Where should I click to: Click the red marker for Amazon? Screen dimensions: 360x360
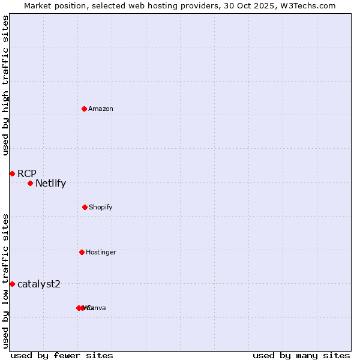pyautogui.click(x=85, y=109)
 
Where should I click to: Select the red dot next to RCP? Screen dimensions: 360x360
pyautogui.click(x=12, y=173)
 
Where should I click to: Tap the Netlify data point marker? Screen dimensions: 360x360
pyautogui.click(x=30, y=183)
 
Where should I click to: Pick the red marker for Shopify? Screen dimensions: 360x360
pyautogui.click(x=85, y=207)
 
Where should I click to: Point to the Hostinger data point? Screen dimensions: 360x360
pyautogui.click(x=82, y=252)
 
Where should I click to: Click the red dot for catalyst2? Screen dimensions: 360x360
pyautogui.click(x=12, y=284)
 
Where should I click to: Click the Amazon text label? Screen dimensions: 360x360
pyautogui.click(x=101, y=109)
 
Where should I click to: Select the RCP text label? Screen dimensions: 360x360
pyautogui.click(x=27, y=173)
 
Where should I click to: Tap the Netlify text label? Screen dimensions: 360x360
pyautogui.click(x=50, y=184)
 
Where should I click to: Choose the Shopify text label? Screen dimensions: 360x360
pyautogui.click(x=101, y=207)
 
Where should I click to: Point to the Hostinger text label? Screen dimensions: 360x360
pyautogui.click(x=101, y=252)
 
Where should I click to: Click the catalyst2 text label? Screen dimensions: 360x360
pyautogui.click(x=39, y=284)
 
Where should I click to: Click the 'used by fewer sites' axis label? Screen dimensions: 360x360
pyautogui.click(x=62, y=355)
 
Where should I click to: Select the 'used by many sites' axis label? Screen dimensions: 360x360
pyautogui.click(x=301, y=355)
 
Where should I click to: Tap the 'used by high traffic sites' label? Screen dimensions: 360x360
pyautogui.click(x=5, y=85)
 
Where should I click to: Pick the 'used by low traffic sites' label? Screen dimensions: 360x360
pyautogui.click(x=5, y=280)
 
